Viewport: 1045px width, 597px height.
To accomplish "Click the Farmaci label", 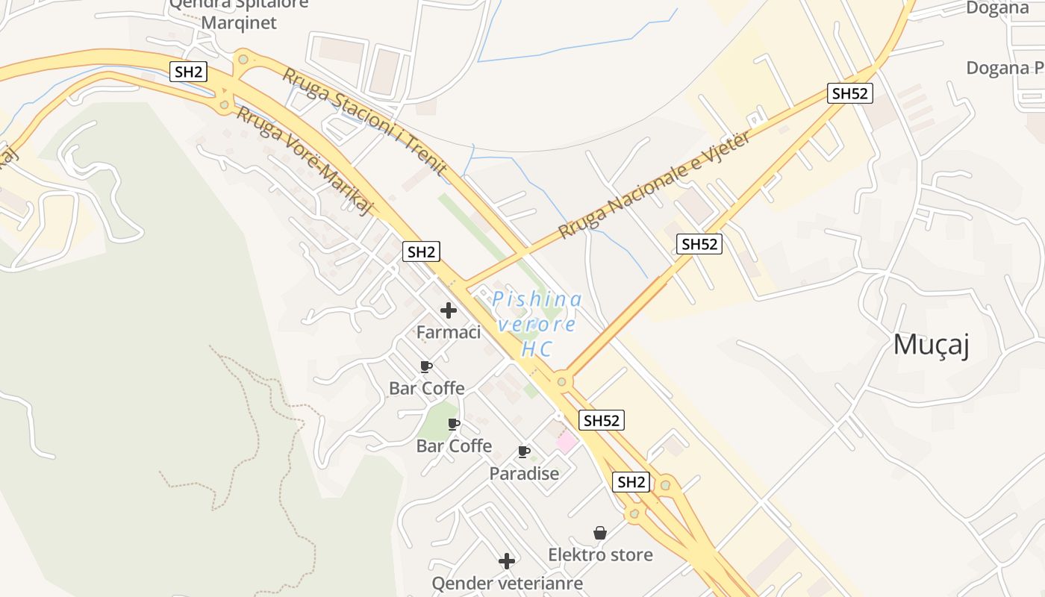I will tap(448, 332).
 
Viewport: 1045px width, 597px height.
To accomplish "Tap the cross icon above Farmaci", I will tap(449, 310).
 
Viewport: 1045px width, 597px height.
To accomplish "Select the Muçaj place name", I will tap(931, 345).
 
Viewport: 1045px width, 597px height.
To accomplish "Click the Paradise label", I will tap(524, 473).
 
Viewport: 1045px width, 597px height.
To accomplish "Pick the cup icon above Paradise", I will tap(524, 451).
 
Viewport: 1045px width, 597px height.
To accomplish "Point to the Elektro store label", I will tap(600, 554).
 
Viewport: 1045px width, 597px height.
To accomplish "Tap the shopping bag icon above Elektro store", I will tap(600, 533).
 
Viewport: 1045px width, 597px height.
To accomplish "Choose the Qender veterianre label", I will tap(507, 582).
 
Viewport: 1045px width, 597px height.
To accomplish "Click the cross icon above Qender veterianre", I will tap(507, 561).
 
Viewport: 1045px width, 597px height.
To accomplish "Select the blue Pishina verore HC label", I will tap(537, 324).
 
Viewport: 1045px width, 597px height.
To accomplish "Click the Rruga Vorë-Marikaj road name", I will tap(305, 160).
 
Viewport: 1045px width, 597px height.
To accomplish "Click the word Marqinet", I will tap(239, 22).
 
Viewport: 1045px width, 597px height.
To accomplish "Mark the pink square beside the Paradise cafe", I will tap(567, 442).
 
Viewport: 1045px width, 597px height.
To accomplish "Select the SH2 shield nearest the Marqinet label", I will tap(189, 72).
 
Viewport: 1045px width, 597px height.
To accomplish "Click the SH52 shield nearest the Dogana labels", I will tap(850, 93).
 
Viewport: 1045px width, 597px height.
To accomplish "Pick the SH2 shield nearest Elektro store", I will tap(631, 482).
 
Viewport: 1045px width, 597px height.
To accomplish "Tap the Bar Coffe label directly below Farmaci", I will tap(427, 388).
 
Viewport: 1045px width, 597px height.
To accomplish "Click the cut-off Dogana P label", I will tap(1005, 68).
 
